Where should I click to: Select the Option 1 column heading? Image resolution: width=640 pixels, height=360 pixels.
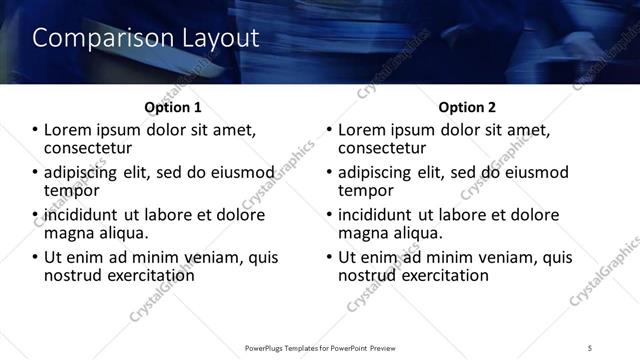[173, 107]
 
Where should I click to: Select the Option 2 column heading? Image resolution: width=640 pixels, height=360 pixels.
[466, 107]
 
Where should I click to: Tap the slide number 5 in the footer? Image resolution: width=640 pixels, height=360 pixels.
[590, 347]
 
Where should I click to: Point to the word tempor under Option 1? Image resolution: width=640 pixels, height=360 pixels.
[71, 190]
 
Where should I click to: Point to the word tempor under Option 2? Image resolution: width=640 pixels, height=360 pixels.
[365, 190]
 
